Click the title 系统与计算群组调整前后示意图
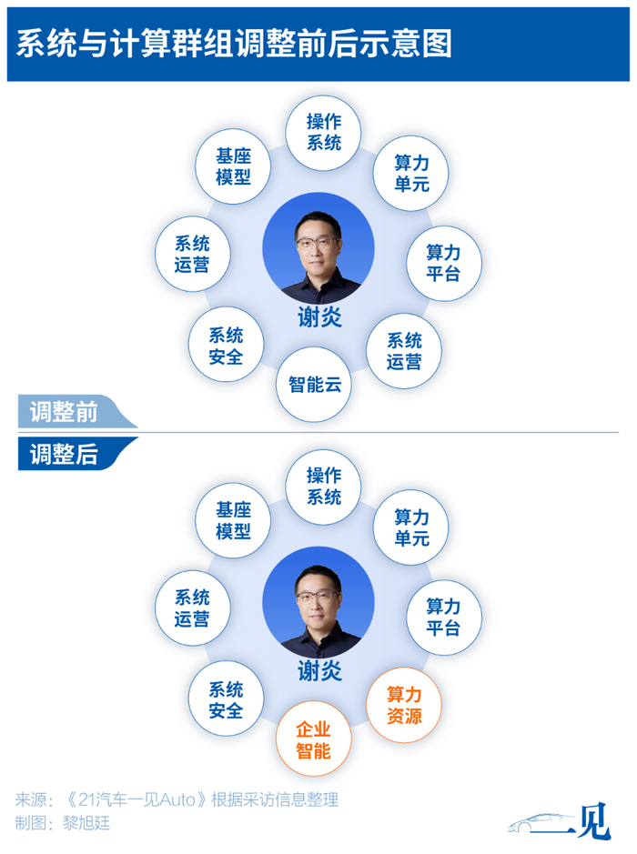(x=234, y=44)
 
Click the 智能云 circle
(x=315, y=385)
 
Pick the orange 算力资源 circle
(x=404, y=705)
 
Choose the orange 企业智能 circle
(x=313, y=739)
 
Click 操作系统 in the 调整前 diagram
(x=323, y=133)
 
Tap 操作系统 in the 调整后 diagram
(x=323, y=487)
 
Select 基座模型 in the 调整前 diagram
(x=233, y=166)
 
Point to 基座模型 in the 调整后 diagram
(x=233, y=520)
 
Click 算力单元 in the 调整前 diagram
(x=410, y=173)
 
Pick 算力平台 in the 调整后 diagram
(x=443, y=618)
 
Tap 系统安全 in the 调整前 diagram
(x=226, y=346)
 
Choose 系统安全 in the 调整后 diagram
(x=226, y=699)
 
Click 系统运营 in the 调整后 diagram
(x=192, y=608)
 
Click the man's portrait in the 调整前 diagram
(x=318, y=248)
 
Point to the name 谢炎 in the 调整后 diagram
(x=319, y=671)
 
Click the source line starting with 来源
(x=177, y=799)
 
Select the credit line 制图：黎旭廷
(x=63, y=822)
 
